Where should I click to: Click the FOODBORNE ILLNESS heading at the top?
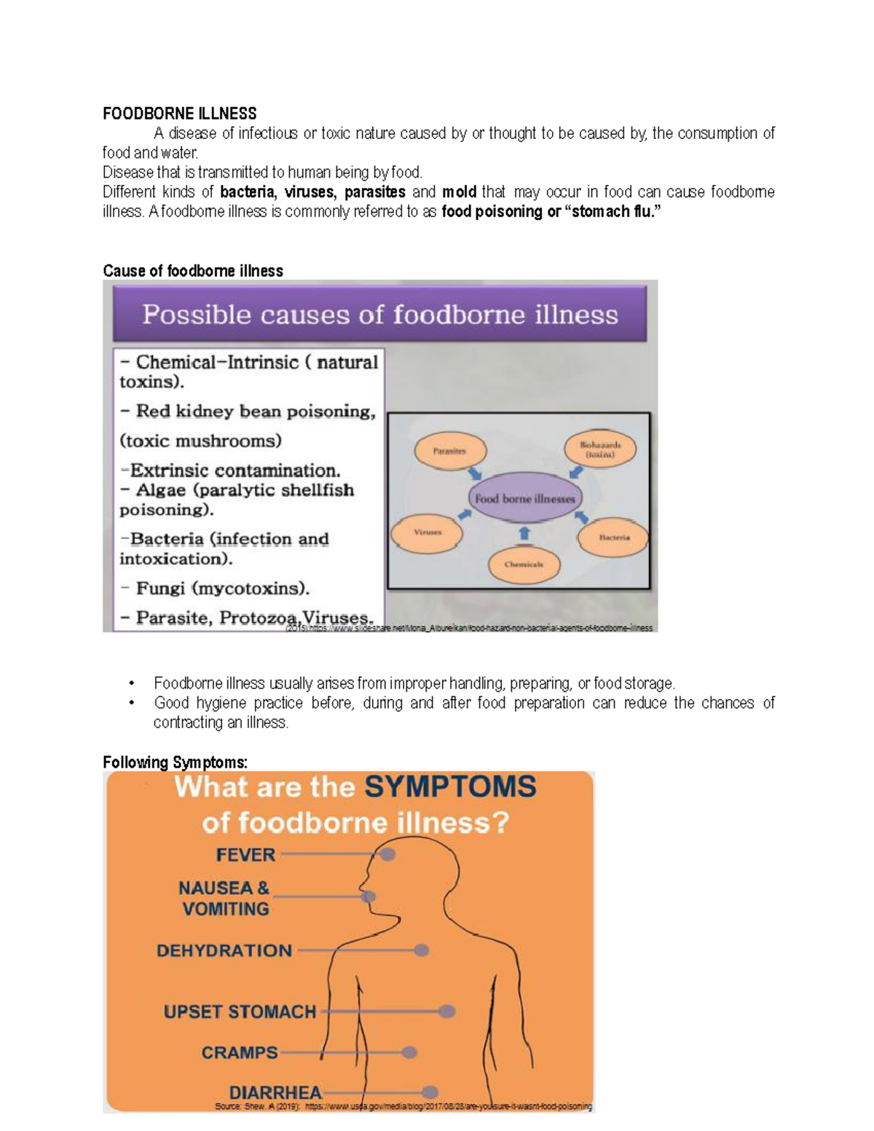pyautogui.click(x=179, y=114)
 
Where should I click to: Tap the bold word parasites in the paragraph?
pyautogui.click(x=374, y=192)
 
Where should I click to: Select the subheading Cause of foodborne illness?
pyautogui.click(x=193, y=271)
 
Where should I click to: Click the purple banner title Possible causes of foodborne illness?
pyautogui.click(x=379, y=315)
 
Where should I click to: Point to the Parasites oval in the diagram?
pyautogui.click(x=449, y=452)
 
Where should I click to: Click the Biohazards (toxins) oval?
pyautogui.click(x=599, y=449)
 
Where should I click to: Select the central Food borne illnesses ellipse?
pyautogui.click(x=524, y=499)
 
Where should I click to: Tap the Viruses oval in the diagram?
pyautogui.click(x=428, y=532)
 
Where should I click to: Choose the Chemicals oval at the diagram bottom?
pyautogui.click(x=523, y=564)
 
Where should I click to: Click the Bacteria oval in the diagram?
pyautogui.click(x=614, y=537)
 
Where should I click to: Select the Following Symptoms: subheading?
pyautogui.click(x=175, y=762)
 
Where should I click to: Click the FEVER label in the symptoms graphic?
pyautogui.click(x=245, y=854)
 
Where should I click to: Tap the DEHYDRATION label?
pyautogui.click(x=224, y=950)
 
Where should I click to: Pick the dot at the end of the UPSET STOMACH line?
pyautogui.click(x=447, y=1012)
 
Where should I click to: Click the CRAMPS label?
pyautogui.click(x=240, y=1052)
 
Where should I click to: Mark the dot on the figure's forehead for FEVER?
pyautogui.click(x=388, y=854)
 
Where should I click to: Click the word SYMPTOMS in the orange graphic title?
pyautogui.click(x=450, y=787)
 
